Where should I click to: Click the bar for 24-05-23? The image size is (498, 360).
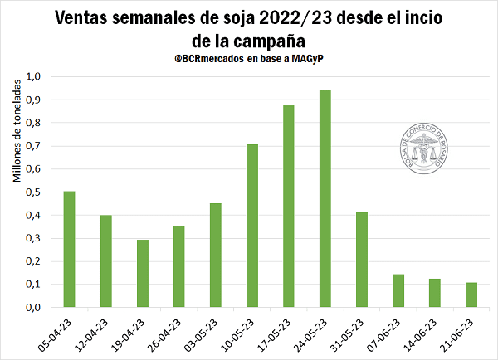(x=325, y=198)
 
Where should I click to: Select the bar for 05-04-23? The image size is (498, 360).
(x=70, y=249)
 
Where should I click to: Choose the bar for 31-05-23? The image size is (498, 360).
(x=362, y=259)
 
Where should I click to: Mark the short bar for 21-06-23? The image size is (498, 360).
(x=471, y=294)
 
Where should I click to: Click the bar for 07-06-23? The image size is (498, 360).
(x=398, y=290)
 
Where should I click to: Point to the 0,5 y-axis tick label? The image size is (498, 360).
(x=33, y=192)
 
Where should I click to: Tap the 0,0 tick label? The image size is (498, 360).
(x=33, y=307)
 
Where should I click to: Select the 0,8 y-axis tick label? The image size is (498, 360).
(x=33, y=123)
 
